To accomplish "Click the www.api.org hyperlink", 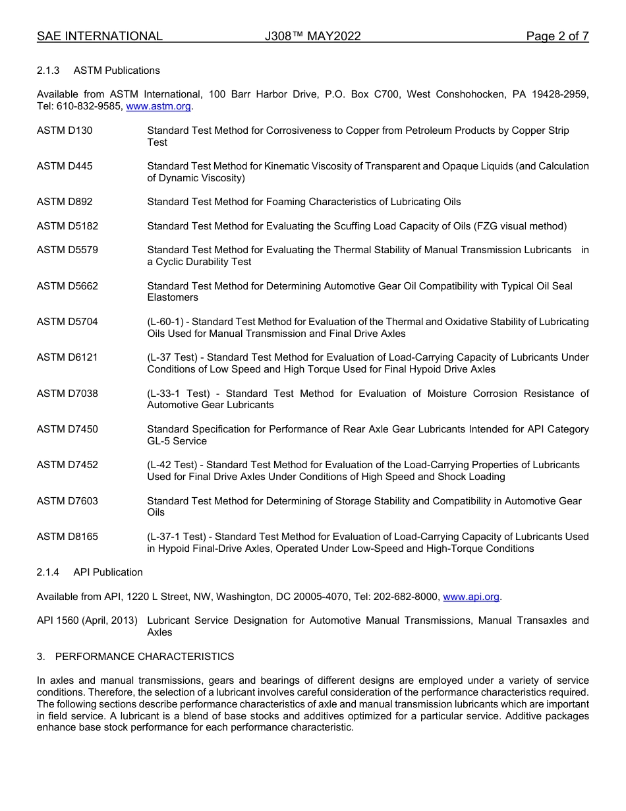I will (x=471, y=597).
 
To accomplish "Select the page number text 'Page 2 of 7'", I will (x=557, y=36).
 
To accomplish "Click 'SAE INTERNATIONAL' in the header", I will (x=100, y=36).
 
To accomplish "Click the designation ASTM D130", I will (x=65, y=131).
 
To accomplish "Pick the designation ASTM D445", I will (x=65, y=166).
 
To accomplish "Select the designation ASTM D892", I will (x=65, y=202).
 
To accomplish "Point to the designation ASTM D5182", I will (x=67, y=226).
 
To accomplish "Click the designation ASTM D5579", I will (x=67, y=250).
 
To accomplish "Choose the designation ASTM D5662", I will (x=67, y=286).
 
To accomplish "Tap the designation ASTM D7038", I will (x=67, y=394).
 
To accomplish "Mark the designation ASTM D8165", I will (x=67, y=537).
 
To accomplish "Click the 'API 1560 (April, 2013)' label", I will (x=87, y=620).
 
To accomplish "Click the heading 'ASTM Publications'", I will (x=117, y=71).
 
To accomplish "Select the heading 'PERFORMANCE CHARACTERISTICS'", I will (x=144, y=657).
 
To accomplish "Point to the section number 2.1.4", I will (x=48, y=572).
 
